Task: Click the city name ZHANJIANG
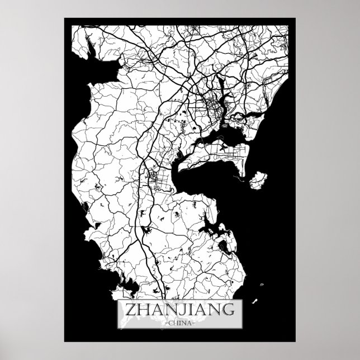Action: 180,309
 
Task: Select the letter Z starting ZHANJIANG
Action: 129,309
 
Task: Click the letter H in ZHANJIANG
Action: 143,309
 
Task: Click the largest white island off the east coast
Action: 258,180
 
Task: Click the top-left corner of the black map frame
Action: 64,18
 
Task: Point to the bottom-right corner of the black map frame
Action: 295,341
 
